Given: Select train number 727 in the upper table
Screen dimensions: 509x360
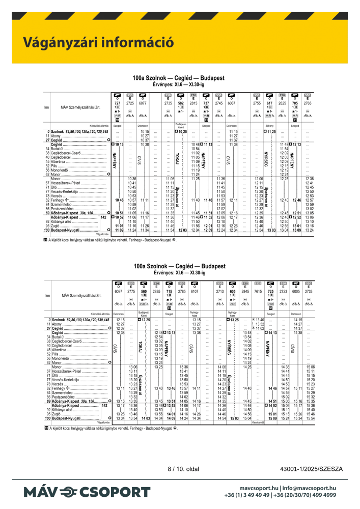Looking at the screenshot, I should pyautogui.click(x=118, y=103).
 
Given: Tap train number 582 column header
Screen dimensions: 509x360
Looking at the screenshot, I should pyautogui.click(x=181, y=103).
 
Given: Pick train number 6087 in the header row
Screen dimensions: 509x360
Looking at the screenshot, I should pyautogui.click(x=232, y=103).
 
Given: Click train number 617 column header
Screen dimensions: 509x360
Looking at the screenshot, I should pyautogui.click(x=270, y=103).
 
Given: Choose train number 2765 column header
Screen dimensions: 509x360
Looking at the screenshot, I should pyautogui.click(x=308, y=103).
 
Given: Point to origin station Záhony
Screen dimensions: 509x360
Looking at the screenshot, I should pyautogui.click(x=270, y=125).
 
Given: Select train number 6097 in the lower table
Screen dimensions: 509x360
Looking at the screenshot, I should pyautogui.click(x=118, y=291).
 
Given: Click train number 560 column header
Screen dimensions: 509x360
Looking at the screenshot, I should pyautogui.click(x=143, y=291).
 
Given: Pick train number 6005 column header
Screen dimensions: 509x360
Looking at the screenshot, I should pyautogui.click(x=296, y=291).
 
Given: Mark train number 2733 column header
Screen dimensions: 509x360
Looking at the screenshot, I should pyautogui.click(x=309, y=291).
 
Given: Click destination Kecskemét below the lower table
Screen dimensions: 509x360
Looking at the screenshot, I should pyautogui.click(x=258, y=422).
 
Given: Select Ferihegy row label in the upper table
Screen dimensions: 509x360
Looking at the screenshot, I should pyautogui.click(x=61, y=201).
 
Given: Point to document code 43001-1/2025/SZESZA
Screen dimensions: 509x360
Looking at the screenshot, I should pyautogui.click(x=312, y=468).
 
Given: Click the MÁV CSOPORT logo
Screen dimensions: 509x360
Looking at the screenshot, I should pyautogui.click(x=87, y=492).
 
